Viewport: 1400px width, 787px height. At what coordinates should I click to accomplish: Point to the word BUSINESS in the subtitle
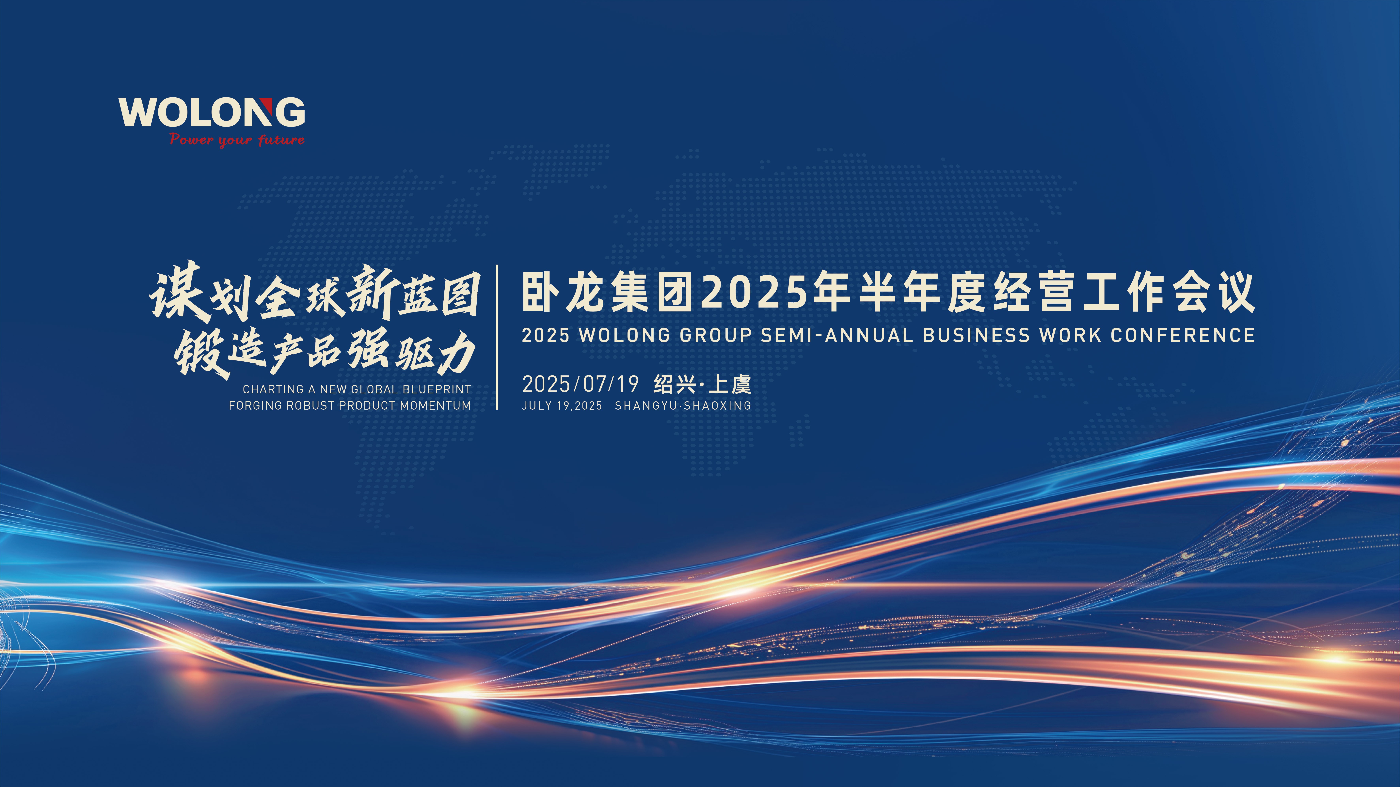tap(976, 335)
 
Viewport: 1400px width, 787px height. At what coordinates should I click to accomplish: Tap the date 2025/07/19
tap(581, 384)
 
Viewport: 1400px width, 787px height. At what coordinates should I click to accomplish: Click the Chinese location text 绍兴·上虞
tap(702, 384)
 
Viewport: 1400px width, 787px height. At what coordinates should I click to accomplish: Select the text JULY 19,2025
tap(562, 406)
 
